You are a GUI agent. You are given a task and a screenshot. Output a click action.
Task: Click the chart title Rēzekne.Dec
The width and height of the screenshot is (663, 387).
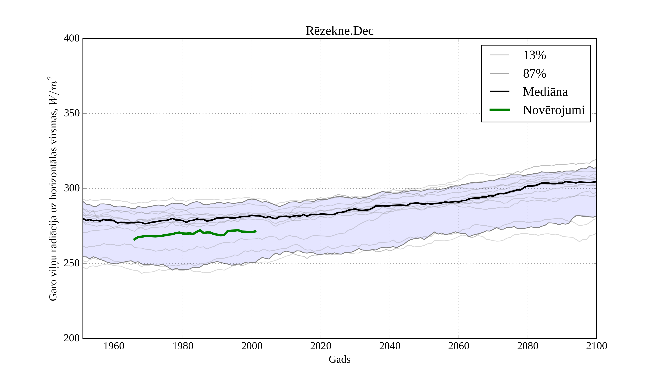click(339, 31)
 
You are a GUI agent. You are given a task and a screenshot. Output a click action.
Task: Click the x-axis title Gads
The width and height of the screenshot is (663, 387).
click(339, 359)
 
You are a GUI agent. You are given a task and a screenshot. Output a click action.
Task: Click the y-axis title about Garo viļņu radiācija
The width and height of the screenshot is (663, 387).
click(53, 189)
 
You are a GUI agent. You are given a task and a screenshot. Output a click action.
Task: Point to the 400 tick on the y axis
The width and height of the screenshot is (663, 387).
click(72, 39)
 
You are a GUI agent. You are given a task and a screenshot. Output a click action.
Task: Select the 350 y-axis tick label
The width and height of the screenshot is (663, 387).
click(72, 114)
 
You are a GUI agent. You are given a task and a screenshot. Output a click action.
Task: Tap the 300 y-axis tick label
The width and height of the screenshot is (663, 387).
click(72, 189)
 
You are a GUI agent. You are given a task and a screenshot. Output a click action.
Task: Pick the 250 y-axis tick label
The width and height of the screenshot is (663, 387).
click(72, 264)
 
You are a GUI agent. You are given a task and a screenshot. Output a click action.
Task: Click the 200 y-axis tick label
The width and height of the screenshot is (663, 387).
click(72, 338)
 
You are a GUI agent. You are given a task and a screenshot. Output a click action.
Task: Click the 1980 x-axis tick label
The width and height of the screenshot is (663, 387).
click(183, 346)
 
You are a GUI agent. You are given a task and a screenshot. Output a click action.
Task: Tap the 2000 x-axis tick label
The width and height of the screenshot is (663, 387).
click(252, 346)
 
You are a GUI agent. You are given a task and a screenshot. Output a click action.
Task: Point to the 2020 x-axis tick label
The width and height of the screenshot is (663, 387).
click(321, 346)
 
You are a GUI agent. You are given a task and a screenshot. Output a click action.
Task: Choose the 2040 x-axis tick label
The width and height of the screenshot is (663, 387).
click(390, 346)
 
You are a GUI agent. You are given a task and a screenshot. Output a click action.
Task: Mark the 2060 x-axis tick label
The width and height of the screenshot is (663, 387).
click(459, 346)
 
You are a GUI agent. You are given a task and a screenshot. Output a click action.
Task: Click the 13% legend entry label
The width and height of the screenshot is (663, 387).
click(534, 55)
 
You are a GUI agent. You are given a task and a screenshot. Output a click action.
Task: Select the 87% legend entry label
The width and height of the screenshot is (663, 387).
click(534, 74)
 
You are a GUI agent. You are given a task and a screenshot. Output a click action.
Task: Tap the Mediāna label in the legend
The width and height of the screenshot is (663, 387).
click(545, 92)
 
